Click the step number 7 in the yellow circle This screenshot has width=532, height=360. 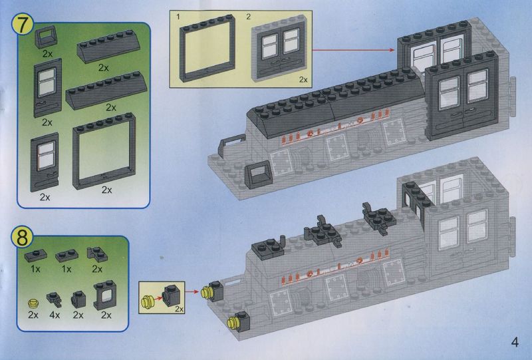click(x=23, y=25)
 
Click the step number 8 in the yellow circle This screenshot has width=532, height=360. click(x=22, y=237)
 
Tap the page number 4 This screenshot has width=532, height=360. click(x=515, y=341)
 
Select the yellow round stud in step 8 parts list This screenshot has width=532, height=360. click(x=33, y=303)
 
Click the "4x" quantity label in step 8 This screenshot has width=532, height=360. click(x=55, y=315)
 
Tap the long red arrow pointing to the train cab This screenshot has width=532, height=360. click(x=353, y=50)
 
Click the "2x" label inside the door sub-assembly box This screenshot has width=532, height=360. click(x=303, y=79)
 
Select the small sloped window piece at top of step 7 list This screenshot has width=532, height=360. click(x=45, y=37)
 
